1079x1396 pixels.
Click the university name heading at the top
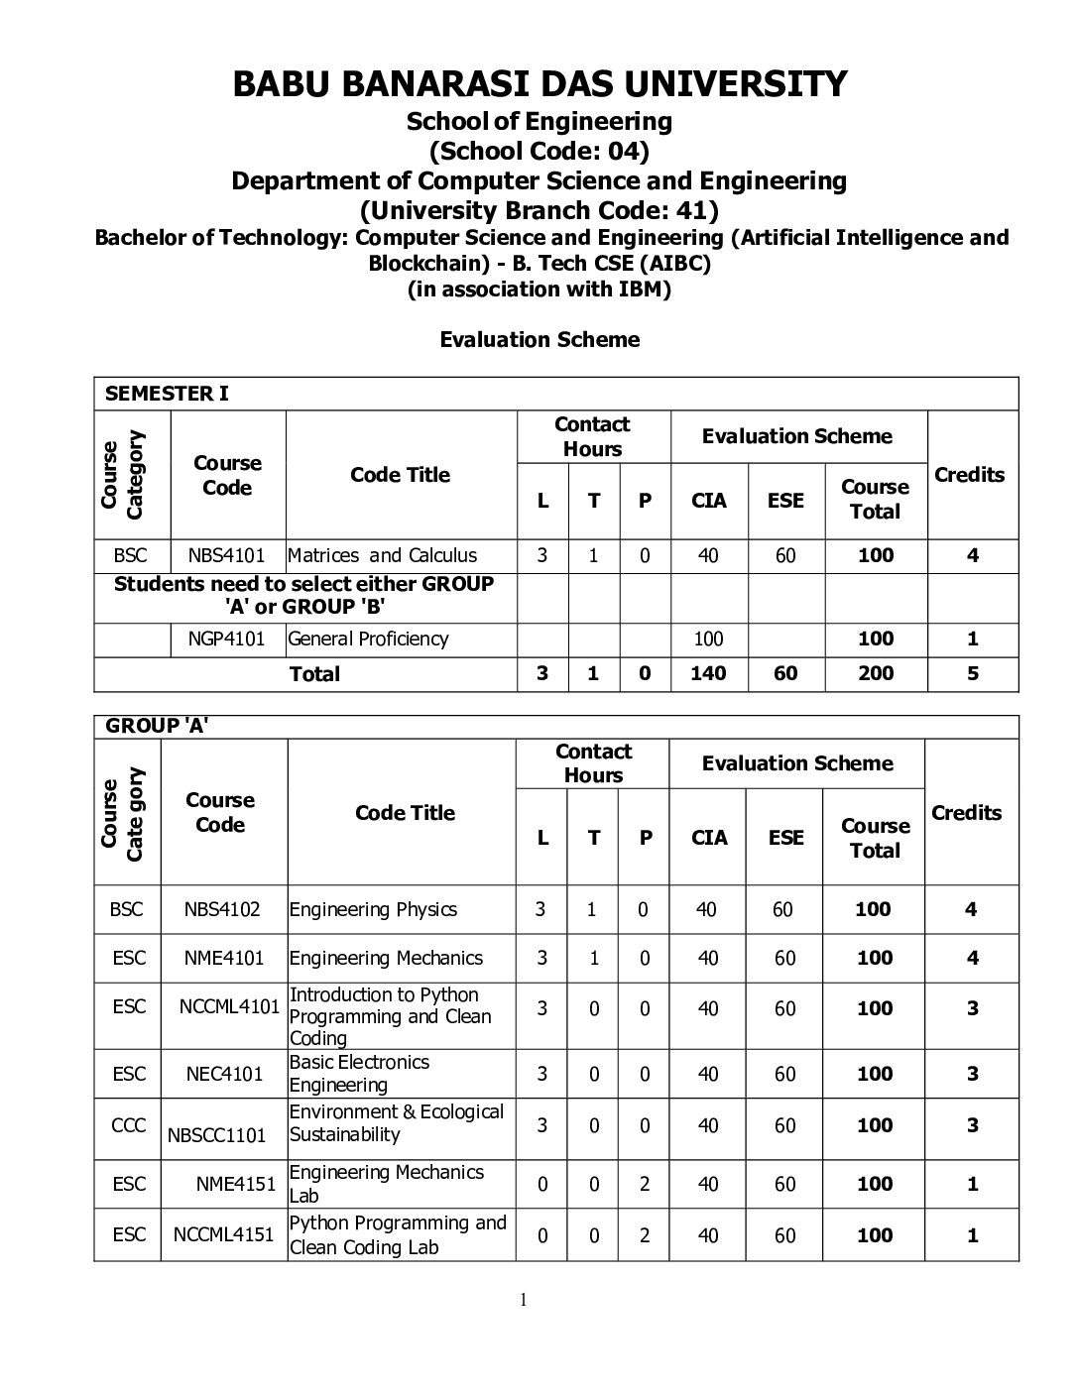coord(539,84)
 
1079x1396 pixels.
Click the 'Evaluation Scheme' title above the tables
coord(539,340)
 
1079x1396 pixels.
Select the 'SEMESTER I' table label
coord(167,394)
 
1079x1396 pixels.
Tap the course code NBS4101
coord(227,555)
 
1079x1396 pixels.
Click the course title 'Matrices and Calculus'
coord(382,555)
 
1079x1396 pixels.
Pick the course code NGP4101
coord(227,639)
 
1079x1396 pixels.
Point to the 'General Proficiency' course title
coord(368,639)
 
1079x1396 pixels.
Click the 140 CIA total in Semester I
coord(708,673)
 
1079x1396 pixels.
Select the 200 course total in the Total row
coord(876,673)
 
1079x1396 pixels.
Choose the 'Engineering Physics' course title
coord(373,909)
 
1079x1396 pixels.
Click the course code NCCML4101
coord(229,1007)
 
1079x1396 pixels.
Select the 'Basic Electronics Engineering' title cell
coord(359,1074)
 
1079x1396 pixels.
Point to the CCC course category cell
coord(129,1125)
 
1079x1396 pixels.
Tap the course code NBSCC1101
coord(217,1135)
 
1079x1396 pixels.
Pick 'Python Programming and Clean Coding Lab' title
coord(397,1234)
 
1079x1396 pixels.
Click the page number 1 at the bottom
coord(523,1301)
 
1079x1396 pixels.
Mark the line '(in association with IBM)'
coord(539,290)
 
